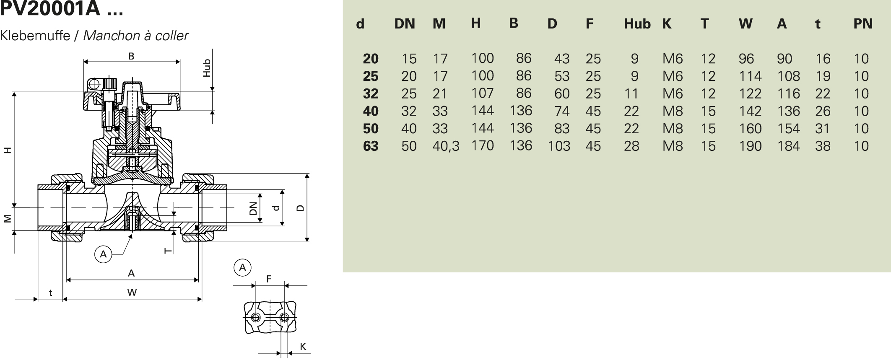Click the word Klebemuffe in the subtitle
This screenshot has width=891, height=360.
(x=35, y=36)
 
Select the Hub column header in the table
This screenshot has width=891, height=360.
(x=636, y=24)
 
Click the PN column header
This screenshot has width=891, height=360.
(x=862, y=24)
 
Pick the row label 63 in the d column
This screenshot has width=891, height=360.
(x=371, y=146)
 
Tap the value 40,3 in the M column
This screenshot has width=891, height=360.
(x=446, y=146)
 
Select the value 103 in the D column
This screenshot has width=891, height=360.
(x=559, y=146)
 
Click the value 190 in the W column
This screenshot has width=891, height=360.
(x=750, y=146)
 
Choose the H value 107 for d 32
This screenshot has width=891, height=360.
(x=482, y=93)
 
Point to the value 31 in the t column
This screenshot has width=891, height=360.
(x=822, y=129)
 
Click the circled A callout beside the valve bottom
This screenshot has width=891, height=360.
(x=104, y=254)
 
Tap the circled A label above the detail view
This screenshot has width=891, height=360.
(x=242, y=267)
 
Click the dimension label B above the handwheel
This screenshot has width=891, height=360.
(x=131, y=56)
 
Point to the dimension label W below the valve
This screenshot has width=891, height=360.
(x=132, y=293)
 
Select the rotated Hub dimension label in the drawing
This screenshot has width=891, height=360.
(x=207, y=68)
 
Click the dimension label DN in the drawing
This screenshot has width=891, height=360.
(x=253, y=208)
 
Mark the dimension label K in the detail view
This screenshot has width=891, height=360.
(x=303, y=347)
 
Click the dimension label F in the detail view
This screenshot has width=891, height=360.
(x=269, y=279)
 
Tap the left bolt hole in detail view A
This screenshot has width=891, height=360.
(x=256, y=317)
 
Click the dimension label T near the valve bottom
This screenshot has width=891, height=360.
(x=168, y=251)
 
